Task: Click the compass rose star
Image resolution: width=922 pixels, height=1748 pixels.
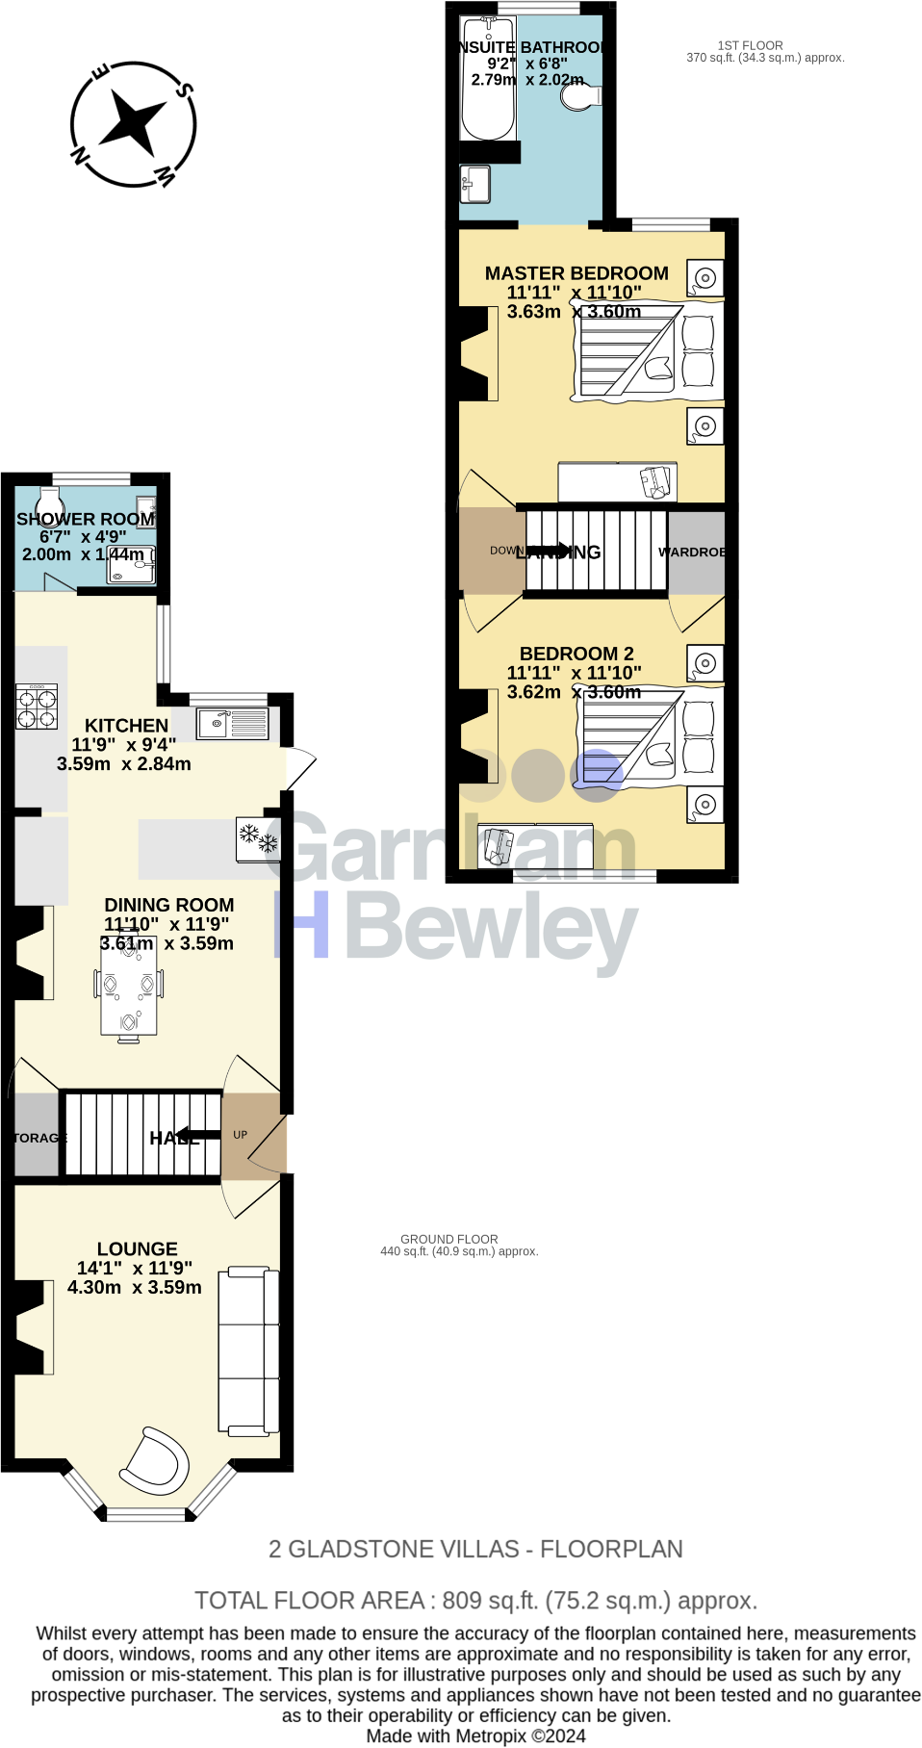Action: [x=134, y=122]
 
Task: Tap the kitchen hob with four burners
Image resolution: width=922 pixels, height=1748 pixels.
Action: [x=37, y=707]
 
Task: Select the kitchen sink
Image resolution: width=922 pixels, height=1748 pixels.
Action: [x=232, y=723]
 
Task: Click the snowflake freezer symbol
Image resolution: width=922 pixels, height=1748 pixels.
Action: [x=258, y=838]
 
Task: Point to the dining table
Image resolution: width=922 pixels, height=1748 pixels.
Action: [x=128, y=988]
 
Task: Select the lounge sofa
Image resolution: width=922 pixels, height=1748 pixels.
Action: [x=248, y=1351]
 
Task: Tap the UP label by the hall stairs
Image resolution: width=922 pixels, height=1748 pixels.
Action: [x=241, y=1135]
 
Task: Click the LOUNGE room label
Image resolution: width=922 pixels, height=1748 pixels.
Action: [x=137, y=1248]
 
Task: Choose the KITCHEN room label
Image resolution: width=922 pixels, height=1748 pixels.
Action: [x=126, y=726]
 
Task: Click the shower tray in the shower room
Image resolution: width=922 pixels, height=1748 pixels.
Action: [x=131, y=564]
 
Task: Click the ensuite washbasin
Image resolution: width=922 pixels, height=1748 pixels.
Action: [x=475, y=183]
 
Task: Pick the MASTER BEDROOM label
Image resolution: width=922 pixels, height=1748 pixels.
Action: [x=576, y=273]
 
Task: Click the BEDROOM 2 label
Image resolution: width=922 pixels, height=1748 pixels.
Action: [x=576, y=654]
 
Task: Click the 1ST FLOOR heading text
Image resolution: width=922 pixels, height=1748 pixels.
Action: [x=750, y=45]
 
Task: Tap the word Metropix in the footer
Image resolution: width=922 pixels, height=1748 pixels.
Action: [x=491, y=1735]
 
